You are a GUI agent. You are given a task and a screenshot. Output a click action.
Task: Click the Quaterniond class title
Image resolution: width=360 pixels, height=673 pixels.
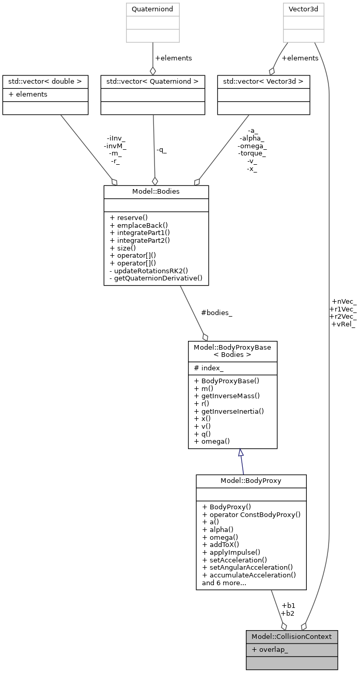click(x=152, y=9)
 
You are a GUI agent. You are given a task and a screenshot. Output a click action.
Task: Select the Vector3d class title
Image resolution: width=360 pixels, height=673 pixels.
click(x=303, y=9)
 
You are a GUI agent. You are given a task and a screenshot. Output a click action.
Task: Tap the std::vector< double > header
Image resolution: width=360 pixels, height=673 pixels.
click(x=45, y=82)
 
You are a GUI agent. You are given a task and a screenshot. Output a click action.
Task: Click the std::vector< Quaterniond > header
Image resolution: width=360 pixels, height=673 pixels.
click(x=152, y=82)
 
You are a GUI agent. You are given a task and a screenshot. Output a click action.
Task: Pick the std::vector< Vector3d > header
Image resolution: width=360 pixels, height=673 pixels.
click(x=263, y=82)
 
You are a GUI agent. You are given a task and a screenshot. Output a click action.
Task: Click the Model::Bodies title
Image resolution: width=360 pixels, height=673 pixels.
click(x=156, y=192)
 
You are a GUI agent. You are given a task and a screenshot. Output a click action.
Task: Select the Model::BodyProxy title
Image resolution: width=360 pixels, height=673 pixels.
click(x=251, y=481)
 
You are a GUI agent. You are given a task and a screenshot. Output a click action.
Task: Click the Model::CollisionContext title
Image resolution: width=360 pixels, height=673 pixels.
click(x=292, y=636)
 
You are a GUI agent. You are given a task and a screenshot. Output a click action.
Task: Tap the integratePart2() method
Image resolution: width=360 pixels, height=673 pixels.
click(x=139, y=240)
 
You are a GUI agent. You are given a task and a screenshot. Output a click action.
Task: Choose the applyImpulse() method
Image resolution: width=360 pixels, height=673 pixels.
click(x=231, y=552)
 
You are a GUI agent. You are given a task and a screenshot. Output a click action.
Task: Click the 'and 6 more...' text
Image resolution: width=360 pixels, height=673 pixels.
click(x=224, y=583)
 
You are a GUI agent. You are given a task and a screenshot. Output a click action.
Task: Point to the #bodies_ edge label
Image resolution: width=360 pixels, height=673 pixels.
click(x=216, y=313)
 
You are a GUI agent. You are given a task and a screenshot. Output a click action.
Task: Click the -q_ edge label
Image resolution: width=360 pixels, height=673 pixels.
click(x=161, y=150)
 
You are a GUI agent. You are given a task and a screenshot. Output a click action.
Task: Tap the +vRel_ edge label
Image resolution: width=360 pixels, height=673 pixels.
click(x=343, y=324)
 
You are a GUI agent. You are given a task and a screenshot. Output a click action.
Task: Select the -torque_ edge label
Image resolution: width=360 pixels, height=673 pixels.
click(x=252, y=153)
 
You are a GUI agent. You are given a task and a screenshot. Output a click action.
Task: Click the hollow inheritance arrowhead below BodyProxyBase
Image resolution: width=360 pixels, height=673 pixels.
click(x=241, y=453)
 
